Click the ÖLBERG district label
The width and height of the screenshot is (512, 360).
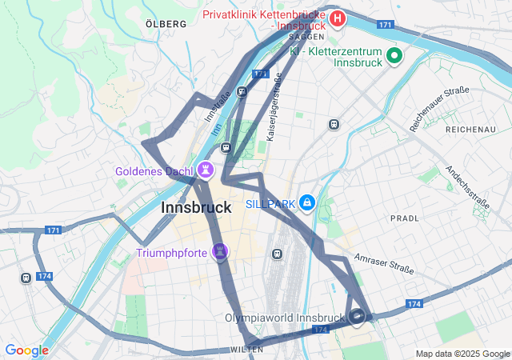click(166, 24)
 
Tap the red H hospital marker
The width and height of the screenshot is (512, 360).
click(338, 18)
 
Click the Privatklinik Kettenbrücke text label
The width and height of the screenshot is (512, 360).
click(264, 15)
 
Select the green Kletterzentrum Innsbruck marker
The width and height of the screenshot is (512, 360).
click(394, 56)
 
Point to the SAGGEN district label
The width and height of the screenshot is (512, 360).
click(306, 37)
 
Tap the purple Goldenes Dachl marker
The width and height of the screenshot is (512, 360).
click(206, 170)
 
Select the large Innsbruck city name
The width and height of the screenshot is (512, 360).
click(196, 207)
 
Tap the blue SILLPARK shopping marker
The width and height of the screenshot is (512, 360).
click(307, 203)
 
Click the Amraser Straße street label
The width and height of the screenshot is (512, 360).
click(384, 261)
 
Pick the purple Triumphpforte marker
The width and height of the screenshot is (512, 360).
click(221, 253)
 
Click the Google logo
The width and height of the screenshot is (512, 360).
click(27, 350)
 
